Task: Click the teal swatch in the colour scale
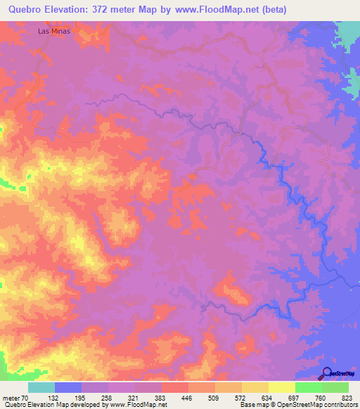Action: coord(41,387)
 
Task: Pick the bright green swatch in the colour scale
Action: coord(308,387)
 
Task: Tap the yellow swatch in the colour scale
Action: coord(255,387)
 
